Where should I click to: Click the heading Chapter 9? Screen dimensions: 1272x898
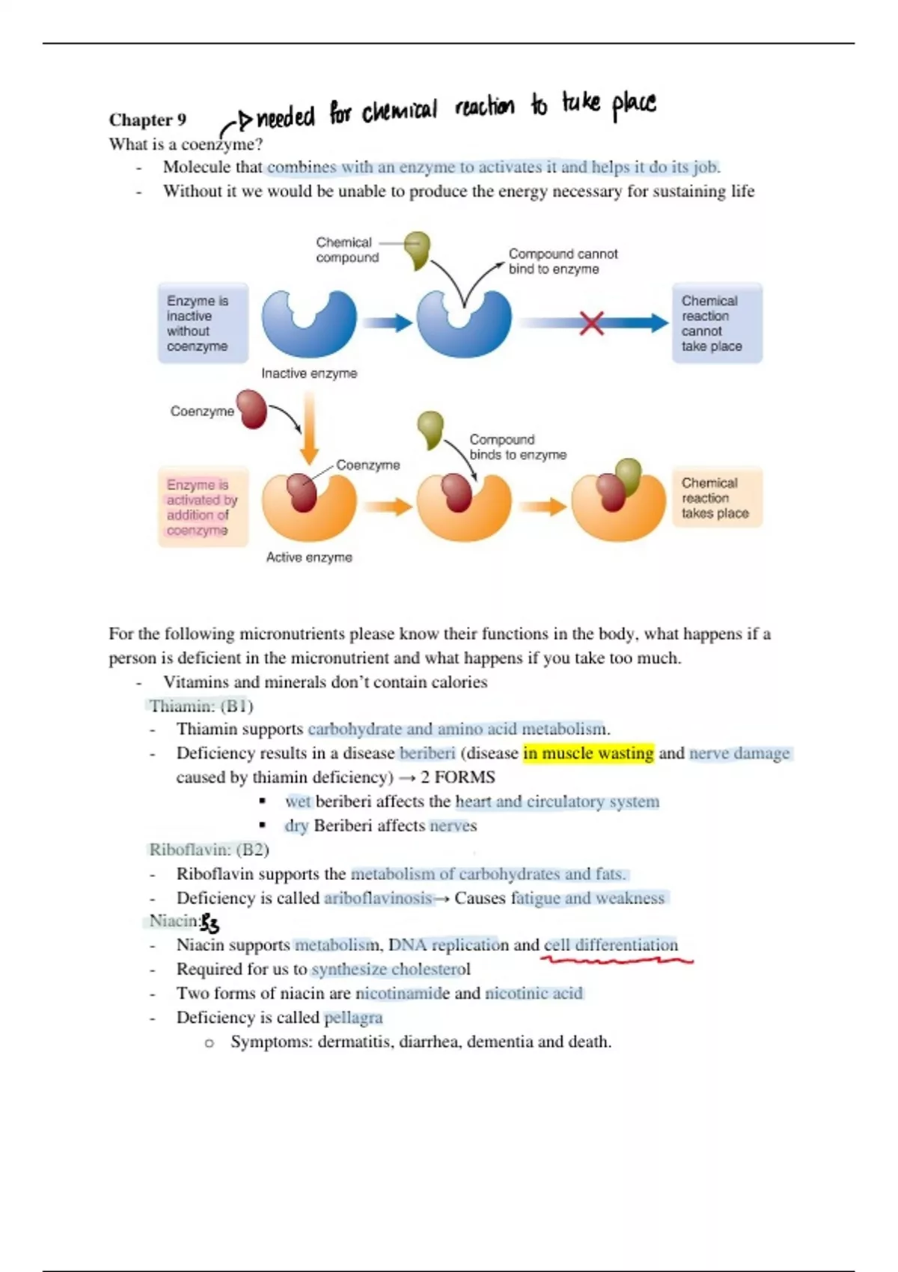(x=147, y=120)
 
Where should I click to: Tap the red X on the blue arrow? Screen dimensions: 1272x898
(x=591, y=323)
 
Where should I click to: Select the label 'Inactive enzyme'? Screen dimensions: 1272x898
(x=309, y=373)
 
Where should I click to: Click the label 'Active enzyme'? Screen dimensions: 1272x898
(x=309, y=557)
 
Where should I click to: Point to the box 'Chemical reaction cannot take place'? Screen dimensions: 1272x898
(x=716, y=323)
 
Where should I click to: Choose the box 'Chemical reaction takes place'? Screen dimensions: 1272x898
(x=716, y=498)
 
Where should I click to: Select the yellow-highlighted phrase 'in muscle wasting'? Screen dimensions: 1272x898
(x=588, y=753)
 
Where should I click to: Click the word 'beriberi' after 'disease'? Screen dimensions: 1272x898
(x=427, y=753)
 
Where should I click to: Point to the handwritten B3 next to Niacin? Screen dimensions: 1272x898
(x=210, y=924)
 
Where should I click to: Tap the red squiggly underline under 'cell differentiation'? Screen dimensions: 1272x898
(x=618, y=959)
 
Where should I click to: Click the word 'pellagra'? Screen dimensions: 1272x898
(x=353, y=1018)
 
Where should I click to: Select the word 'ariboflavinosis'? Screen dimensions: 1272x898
(x=378, y=898)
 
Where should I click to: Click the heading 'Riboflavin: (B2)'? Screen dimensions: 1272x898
(x=209, y=850)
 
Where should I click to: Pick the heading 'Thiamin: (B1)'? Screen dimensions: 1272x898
(x=201, y=706)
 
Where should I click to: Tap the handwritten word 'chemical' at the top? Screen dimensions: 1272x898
(x=399, y=112)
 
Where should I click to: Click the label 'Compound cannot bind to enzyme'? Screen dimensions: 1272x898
(x=563, y=262)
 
